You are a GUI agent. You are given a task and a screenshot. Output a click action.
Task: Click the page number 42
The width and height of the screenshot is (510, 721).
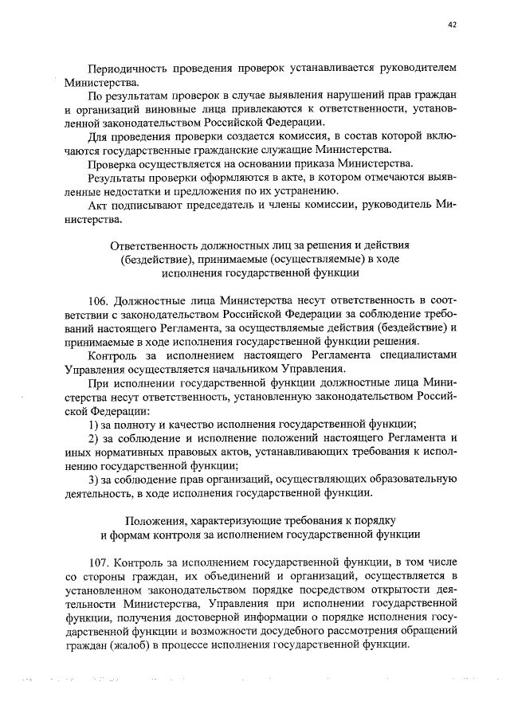click(452, 25)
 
